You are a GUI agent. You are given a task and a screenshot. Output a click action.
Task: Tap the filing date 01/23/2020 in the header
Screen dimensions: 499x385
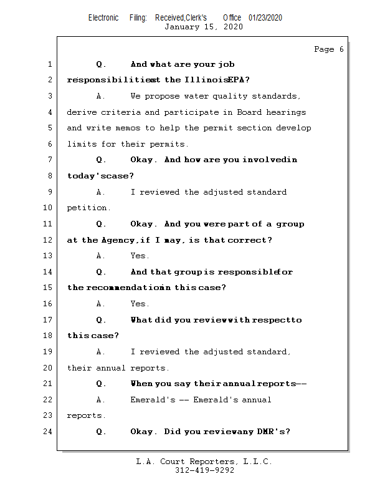click(265, 18)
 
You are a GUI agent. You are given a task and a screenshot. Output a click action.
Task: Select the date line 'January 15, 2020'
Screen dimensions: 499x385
click(204, 27)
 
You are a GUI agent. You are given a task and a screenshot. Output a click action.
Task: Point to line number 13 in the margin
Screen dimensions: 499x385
click(48, 256)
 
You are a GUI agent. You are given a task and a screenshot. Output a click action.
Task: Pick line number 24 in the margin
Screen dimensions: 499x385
click(48, 432)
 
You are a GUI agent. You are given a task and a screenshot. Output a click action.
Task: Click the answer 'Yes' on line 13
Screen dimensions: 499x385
click(138, 256)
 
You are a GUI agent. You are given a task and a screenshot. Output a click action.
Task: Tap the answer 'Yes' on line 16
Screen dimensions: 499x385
click(138, 304)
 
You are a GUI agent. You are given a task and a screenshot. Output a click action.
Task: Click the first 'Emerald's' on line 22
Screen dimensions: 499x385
click(153, 400)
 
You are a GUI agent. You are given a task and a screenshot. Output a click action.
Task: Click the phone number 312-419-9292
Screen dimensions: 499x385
click(204, 470)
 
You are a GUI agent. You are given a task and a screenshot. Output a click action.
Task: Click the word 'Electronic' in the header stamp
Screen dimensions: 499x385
click(103, 18)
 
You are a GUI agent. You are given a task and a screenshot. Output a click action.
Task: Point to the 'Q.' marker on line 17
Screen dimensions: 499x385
click(102, 320)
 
